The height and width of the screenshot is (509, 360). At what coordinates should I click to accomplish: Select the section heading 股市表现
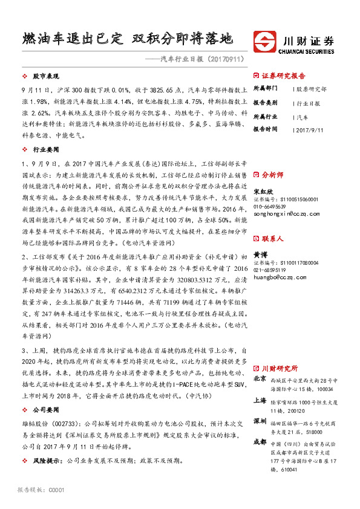point(44,77)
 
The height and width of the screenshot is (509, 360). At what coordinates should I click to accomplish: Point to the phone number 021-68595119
point(272,270)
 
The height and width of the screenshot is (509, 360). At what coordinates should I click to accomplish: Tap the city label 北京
point(260,378)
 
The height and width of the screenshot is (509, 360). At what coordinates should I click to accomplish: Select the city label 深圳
point(260,421)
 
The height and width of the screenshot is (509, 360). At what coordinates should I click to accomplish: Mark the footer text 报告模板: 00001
point(41,490)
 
